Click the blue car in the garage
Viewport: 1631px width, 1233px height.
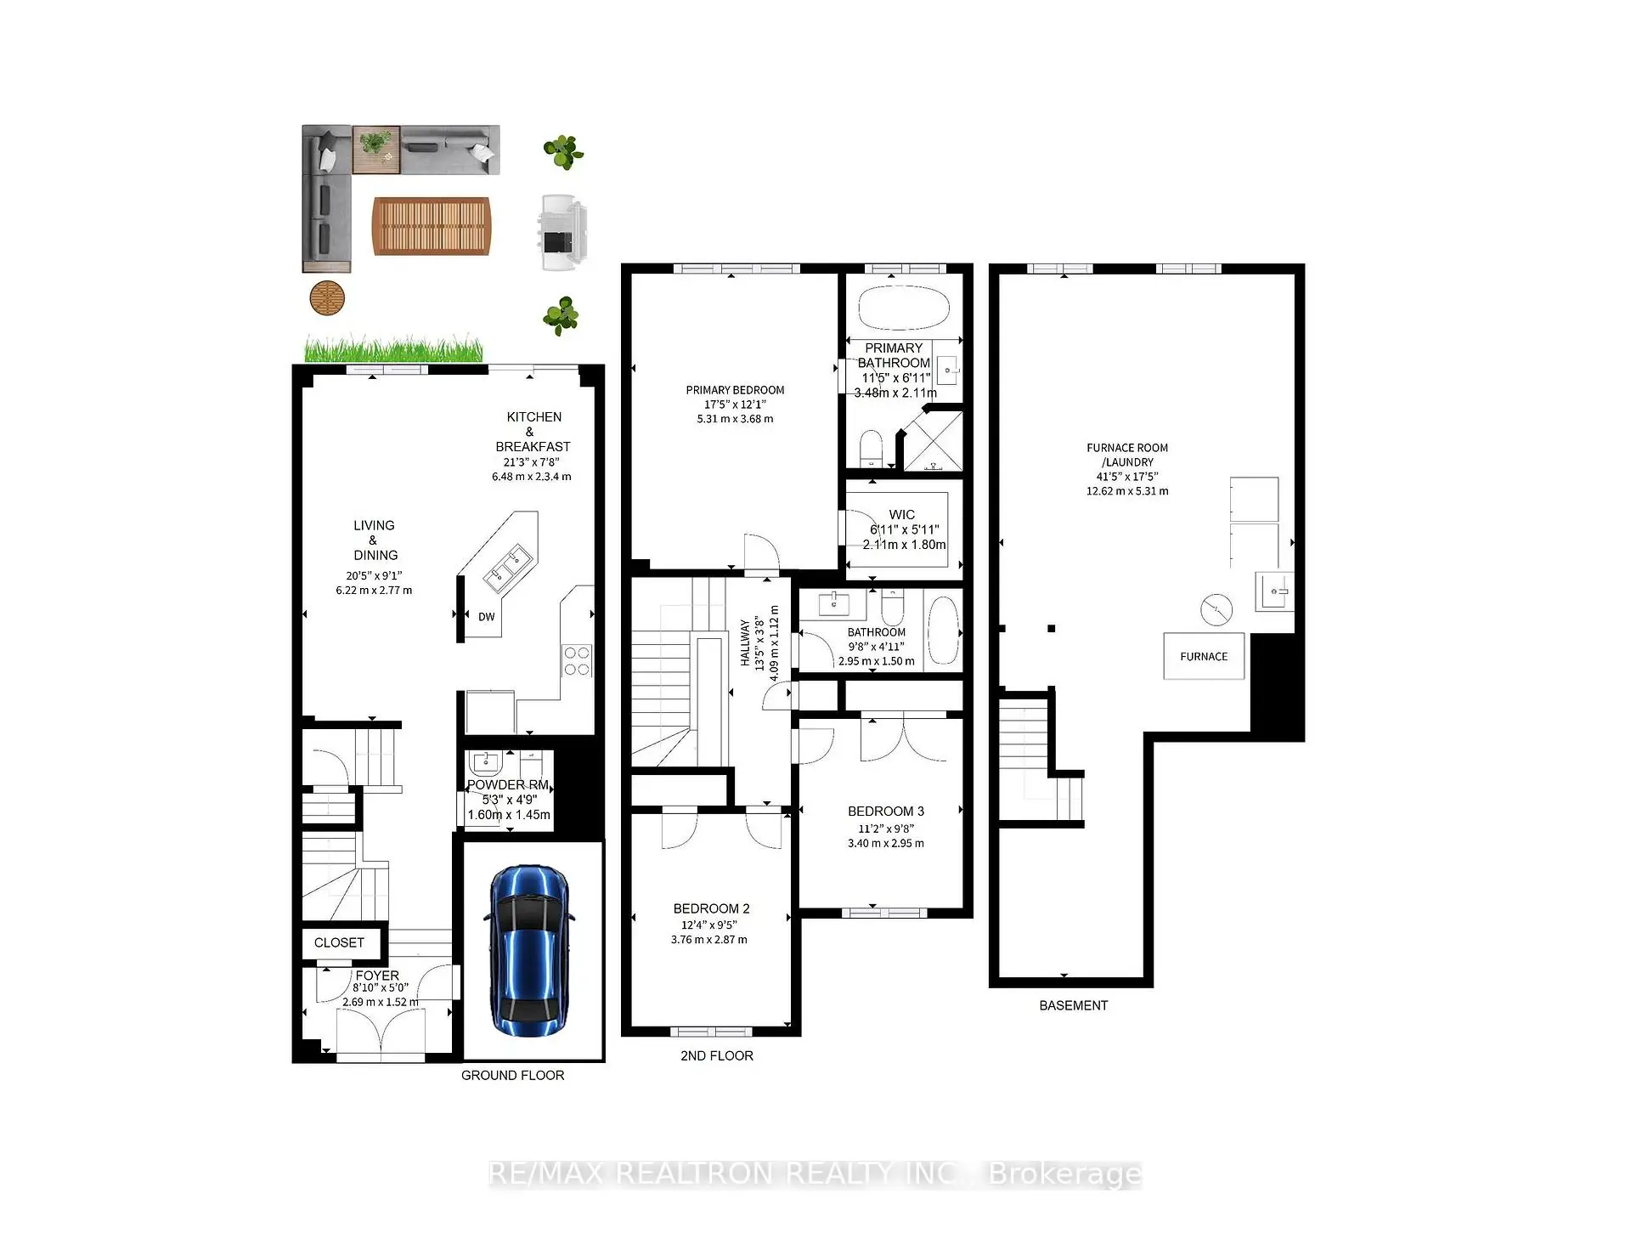click(x=528, y=950)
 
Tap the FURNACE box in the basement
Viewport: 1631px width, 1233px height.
click(x=1203, y=656)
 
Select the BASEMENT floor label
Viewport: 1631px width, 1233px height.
click(x=1073, y=1005)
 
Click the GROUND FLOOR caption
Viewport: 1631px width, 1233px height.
click(x=512, y=1075)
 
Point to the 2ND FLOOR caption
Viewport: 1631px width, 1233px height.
click(x=716, y=1055)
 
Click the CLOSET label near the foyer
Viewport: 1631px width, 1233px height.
click(x=339, y=942)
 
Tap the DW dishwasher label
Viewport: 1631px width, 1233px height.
click(x=486, y=617)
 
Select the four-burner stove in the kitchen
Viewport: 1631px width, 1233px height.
click(x=577, y=661)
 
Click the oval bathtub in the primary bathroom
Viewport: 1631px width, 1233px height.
click(x=904, y=308)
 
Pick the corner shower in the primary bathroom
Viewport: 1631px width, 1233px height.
click(x=933, y=440)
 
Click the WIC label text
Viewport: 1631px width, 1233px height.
click(x=901, y=514)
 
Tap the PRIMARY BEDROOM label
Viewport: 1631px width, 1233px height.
click(x=735, y=390)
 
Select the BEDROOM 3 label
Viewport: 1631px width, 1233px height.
click(x=885, y=812)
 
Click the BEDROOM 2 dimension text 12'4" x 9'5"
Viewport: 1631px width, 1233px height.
click(x=708, y=925)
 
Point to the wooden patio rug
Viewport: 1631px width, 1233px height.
click(x=432, y=226)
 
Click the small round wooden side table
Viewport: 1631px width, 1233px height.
click(x=327, y=298)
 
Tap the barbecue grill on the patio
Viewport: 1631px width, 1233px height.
click(x=562, y=233)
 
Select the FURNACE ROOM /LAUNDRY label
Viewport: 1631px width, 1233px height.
click(x=1126, y=455)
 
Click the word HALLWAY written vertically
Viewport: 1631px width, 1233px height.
click(x=745, y=642)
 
